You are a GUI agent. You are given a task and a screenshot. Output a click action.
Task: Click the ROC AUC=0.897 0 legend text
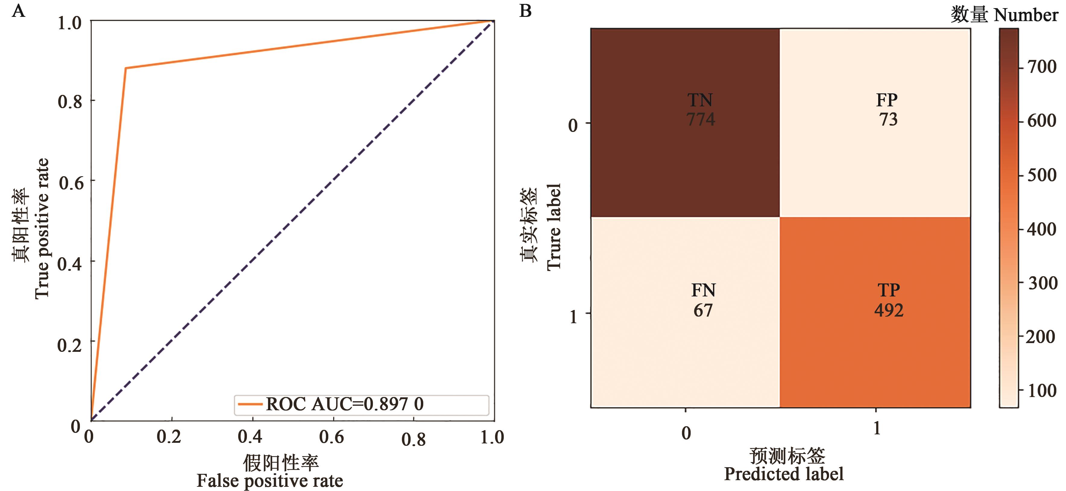point(344,404)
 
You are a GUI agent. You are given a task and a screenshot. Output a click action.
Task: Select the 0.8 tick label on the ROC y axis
point(70,101)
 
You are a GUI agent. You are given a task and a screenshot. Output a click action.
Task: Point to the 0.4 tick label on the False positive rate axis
point(250,437)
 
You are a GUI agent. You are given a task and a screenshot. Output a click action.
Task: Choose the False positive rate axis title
point(270,481)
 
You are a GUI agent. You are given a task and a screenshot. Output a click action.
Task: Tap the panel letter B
point(525,11)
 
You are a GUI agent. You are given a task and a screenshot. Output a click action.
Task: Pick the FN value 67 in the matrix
point(703,310)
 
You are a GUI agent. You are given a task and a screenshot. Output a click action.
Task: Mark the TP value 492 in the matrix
point(888,310)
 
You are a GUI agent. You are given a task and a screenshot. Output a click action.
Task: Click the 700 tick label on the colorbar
point(1042,67)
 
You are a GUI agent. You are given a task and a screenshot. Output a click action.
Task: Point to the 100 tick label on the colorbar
point(1042,390)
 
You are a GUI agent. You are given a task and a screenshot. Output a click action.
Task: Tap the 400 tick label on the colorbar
point(1042,229)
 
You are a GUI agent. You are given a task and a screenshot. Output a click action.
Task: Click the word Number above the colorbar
point(1025,15)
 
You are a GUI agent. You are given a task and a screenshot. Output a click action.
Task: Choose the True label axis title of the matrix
point(554,227)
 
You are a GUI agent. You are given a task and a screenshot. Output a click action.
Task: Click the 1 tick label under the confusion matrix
point(876,428)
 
